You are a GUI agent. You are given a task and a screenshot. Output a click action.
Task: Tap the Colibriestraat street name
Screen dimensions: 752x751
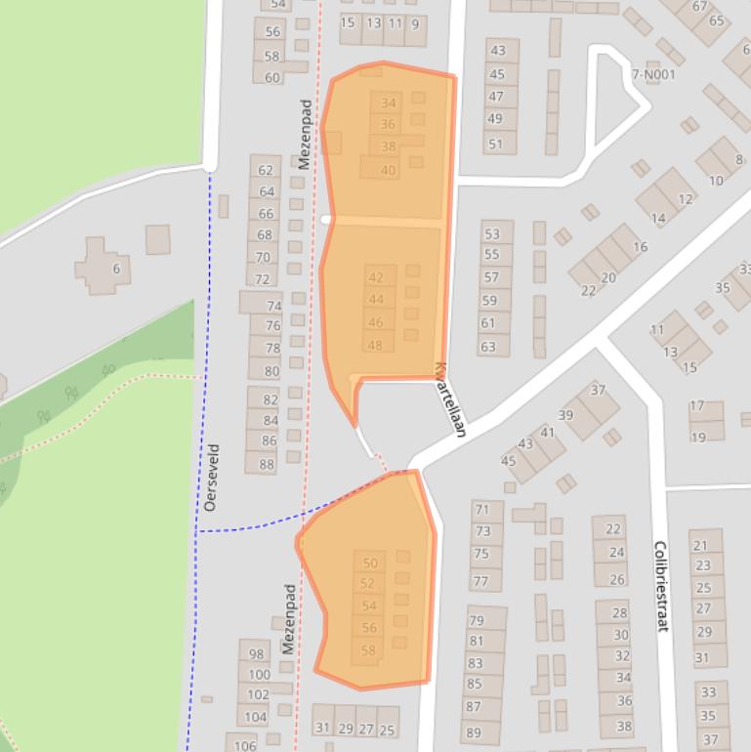660,586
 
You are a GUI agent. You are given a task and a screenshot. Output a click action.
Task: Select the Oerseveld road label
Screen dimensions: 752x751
211,478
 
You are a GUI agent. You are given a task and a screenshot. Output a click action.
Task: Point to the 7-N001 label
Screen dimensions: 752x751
653,74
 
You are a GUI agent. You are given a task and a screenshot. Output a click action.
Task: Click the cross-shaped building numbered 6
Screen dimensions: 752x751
104,266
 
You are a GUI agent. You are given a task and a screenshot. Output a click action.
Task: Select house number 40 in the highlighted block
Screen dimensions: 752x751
388,170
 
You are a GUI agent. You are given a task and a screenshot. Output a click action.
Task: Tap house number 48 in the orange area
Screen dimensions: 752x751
375,345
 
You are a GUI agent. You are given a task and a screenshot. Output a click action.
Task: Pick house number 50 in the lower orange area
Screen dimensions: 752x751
369,563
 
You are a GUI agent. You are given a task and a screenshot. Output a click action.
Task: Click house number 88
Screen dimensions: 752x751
267,465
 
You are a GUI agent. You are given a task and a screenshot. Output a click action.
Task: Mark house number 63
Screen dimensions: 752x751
488,347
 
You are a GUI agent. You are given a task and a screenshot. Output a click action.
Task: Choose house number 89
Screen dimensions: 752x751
474,732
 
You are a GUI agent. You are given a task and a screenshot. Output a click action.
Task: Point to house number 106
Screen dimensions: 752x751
244,746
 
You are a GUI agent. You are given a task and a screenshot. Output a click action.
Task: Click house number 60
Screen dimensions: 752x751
271,77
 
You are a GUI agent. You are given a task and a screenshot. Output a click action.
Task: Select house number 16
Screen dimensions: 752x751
640,247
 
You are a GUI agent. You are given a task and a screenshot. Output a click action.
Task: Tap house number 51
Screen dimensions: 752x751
496,145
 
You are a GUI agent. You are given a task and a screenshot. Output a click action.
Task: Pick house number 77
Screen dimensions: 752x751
481,581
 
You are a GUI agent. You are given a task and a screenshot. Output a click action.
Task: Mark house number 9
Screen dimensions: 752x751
416,24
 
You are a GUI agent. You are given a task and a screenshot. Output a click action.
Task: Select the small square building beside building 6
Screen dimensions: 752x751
157,239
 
